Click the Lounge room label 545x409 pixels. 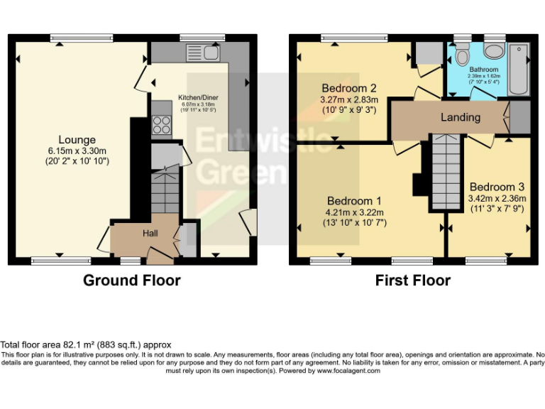point(77,140)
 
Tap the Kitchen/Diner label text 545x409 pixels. point(197,97)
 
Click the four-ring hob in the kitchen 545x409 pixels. point(161,125)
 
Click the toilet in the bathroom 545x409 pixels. point(462,56)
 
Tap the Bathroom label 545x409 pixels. point(484,70)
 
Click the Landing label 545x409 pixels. point(460,117)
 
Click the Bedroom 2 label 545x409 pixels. point(348,88)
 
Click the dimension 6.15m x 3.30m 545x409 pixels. point(77,151)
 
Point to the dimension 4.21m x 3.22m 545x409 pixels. point(353,212)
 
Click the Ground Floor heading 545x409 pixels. point(131,280)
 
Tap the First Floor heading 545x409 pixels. point(412,280)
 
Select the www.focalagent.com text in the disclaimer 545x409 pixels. point(348,371)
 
